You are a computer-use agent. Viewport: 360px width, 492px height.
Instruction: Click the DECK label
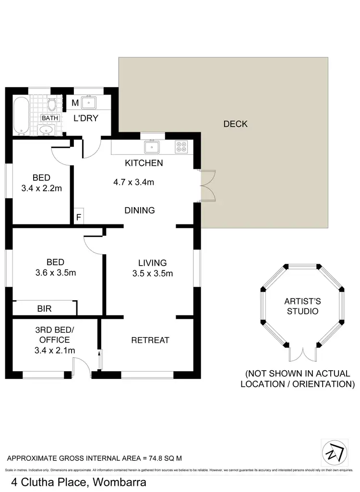click(x=235, y=124)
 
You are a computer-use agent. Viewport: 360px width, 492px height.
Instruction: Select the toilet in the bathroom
click(x=51, y=104)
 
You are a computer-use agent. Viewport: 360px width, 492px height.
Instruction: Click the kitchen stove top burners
click(x=182, y=146)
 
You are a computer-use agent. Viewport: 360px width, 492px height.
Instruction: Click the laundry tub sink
click(x=89, y=103)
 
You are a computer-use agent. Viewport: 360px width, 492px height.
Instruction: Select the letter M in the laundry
click(x=75, y=103)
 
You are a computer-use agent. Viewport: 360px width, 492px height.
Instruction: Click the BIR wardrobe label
click(x=44, y=309)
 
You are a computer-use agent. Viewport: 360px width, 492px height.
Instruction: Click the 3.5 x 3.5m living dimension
click(x=152, y=274)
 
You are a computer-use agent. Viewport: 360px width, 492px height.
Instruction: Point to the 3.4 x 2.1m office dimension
click(x=55, y=351)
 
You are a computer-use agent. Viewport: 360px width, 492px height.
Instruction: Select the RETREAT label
click(x=150, y=340)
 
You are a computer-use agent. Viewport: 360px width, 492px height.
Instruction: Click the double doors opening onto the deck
click(x=206, y=185)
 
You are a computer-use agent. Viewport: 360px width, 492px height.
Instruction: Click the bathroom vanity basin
click(x=47, y=129)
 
